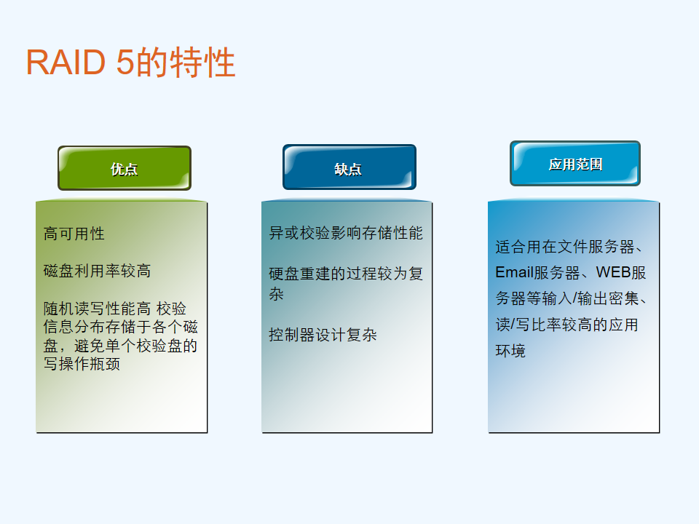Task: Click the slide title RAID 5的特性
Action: coord(130,62)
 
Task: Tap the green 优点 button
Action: coord(125,168)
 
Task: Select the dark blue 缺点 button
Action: coord(349,167)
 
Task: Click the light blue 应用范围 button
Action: coord(575,164)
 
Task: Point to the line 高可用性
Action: coord(74,234)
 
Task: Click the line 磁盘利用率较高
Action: coord(97,271)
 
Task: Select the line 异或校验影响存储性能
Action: coord(346,233)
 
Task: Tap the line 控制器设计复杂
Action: coord(323,335)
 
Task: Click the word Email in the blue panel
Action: coord(515,272)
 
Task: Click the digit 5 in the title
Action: coord(125,62)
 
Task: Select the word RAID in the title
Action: coord(66,62)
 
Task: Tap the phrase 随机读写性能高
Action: coord(97,309)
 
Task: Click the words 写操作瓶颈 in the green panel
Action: coord(82,364)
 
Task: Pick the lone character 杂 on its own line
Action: coord(277,294)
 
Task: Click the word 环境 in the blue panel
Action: coord(511,351)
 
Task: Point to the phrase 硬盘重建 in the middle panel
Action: coord(299,274)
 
